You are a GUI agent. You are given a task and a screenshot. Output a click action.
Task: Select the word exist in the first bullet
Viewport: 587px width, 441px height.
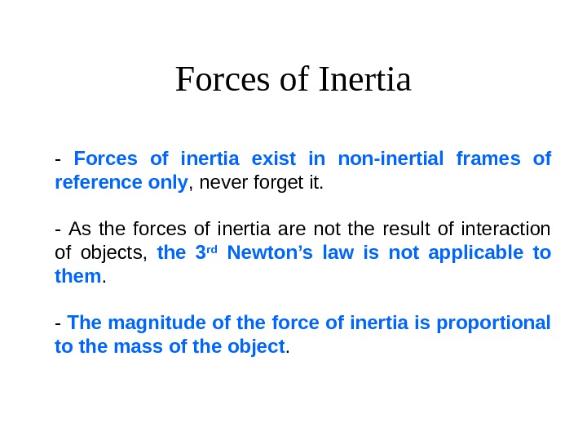pos(298,158)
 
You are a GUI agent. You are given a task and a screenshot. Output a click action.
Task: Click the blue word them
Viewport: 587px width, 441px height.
pos(77,277)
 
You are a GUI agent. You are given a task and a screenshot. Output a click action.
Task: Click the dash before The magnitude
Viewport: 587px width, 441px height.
pos(58,323)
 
